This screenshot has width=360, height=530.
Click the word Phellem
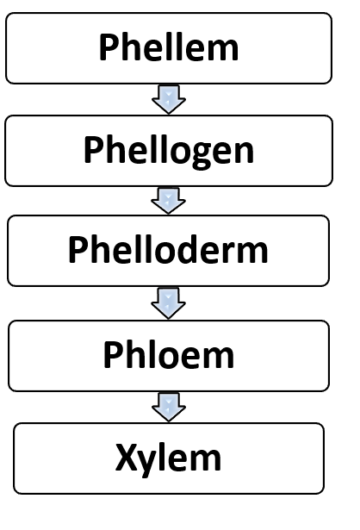[169, 47]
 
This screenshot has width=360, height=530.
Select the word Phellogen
[169, 151]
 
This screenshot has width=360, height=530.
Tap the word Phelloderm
[168, 249]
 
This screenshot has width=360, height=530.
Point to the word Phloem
[169, 354]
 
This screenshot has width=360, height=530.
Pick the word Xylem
[168, 459]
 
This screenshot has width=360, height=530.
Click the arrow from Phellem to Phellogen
[169, 99]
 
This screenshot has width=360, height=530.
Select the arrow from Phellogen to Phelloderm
[168, 201]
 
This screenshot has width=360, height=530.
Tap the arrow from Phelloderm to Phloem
[168, 303]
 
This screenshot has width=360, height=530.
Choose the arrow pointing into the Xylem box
[169, 407]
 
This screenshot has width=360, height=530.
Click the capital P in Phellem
[108, 47]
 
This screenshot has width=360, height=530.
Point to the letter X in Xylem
[127, 457]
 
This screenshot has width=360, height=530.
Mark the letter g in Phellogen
[200, 155]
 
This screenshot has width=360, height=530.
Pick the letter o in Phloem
[159, 358]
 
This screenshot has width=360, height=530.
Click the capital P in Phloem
[112, 354]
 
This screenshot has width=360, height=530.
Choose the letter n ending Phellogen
[244, 153]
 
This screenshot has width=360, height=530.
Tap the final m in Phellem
[222, 51]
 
